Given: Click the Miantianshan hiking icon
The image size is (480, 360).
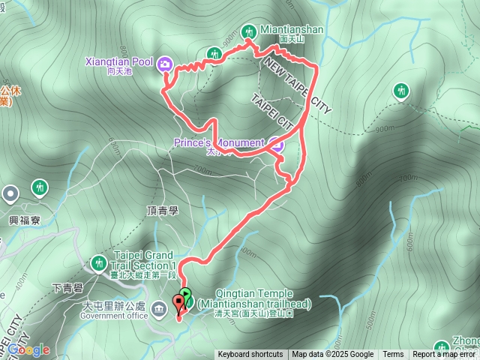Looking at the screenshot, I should coord(249,31).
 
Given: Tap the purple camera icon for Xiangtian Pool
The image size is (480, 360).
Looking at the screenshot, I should coord(165,64).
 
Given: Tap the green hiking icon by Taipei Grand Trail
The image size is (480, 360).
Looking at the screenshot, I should coord(98,262).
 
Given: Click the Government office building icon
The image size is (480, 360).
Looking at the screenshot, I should coord(159,307).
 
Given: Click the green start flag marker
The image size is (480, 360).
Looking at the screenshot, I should coord(186,297).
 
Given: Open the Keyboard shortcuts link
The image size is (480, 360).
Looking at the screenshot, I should coord(250,355).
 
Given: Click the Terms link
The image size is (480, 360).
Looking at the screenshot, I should coord(393,355).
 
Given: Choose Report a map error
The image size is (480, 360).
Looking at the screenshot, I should coord(445,355).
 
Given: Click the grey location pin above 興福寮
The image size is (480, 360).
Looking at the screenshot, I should coord(10,195).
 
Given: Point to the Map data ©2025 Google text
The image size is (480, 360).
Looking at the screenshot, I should coord(333,355).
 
